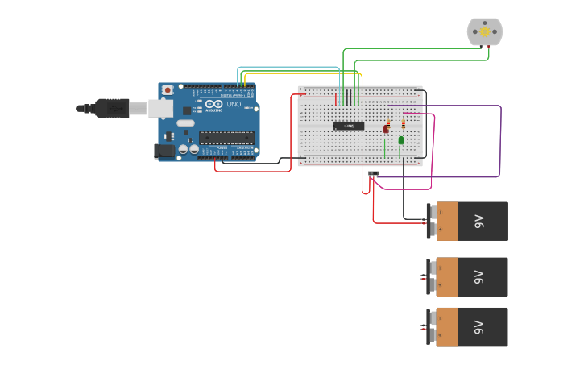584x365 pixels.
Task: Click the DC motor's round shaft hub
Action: pyautogui.click(x=485, y=31)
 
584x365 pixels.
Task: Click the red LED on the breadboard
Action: pyautogui.click(x=386, y=128)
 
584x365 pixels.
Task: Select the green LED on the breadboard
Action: pyautogui.click(x=401, y=140)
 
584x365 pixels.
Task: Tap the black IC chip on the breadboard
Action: pyautogui.click(x=349, y=125)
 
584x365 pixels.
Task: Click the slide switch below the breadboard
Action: pyautogui.click(x=374, y=173)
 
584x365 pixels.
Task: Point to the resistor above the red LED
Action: pyautogui.click(x=388, y=121)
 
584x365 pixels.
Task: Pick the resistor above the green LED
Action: pyautogui.click(x=404, y=123)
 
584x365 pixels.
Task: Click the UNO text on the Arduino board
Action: pyautogui.click(x=234, y=105)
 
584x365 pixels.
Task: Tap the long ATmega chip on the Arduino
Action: pyautogui.click(x=226, y=138)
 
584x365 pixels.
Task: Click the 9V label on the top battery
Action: pyautogui.click(x=478, y=221)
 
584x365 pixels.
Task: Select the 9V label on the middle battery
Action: pyautogui.click(x=478, y=277)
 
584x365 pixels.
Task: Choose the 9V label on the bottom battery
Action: pyautogui.click(x=478, y=327)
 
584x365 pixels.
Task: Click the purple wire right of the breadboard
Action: pyautogui.click(x=501, y=141)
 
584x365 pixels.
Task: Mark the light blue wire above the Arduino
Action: pyautogui.click(x=290, y=68)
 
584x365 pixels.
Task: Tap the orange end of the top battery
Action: pyautogui.click(x=447, y=221)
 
